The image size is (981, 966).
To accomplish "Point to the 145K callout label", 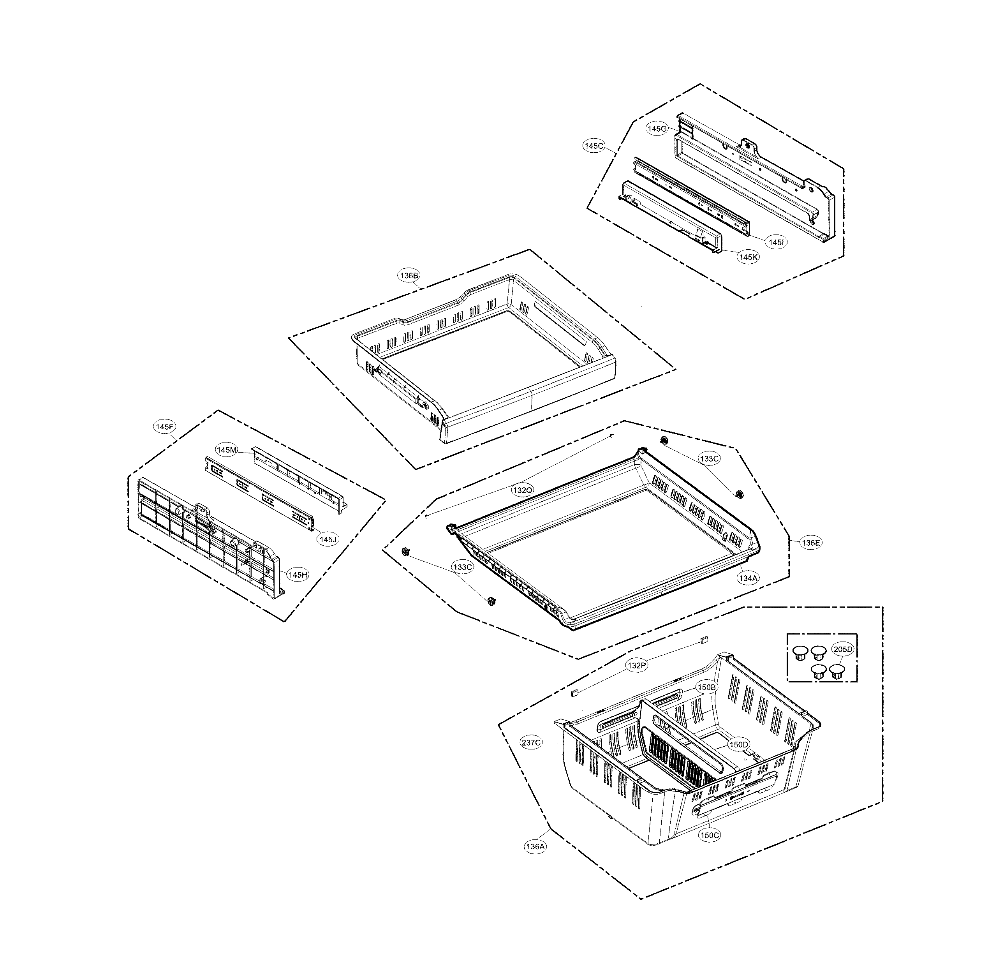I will point(748,257).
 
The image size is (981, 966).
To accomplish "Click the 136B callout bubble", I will point(409,275).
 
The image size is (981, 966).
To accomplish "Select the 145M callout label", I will point(227,450).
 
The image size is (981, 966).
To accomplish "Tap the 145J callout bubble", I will point(328,539).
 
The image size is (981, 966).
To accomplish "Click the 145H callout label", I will point(298,575).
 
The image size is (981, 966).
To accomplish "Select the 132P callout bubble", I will point(637,666).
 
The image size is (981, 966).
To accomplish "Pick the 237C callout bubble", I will point(531,743).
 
